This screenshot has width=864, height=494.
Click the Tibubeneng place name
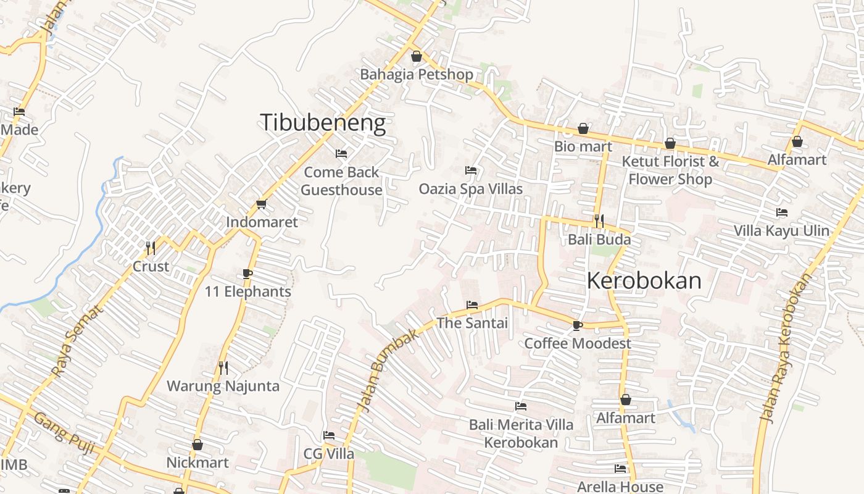click(323, 122)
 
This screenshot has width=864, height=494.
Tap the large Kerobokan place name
click(644, 281)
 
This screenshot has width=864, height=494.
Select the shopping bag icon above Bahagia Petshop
click(417, 57)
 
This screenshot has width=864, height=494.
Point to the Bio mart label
click(583, 146)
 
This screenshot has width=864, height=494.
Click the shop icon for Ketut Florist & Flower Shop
click(670, 144)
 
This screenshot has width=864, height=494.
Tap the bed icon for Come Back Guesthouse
click(341, 154)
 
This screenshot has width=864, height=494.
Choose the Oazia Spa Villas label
click(471, 189)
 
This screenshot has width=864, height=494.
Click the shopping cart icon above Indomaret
click(261, 204)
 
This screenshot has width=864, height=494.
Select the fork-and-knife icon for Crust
click(151, 248)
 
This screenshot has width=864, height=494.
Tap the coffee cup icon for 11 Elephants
click(247, 274)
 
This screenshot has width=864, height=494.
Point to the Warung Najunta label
click(223, 387)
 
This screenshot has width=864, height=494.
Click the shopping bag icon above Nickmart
click(197, 445)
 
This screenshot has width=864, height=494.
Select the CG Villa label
click(329, 454)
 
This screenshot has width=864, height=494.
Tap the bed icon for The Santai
click(472, 305)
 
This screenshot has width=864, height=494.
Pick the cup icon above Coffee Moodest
click(578, 325)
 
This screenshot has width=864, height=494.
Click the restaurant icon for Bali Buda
click(599, 220)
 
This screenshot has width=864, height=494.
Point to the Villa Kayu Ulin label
click(781, 231)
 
